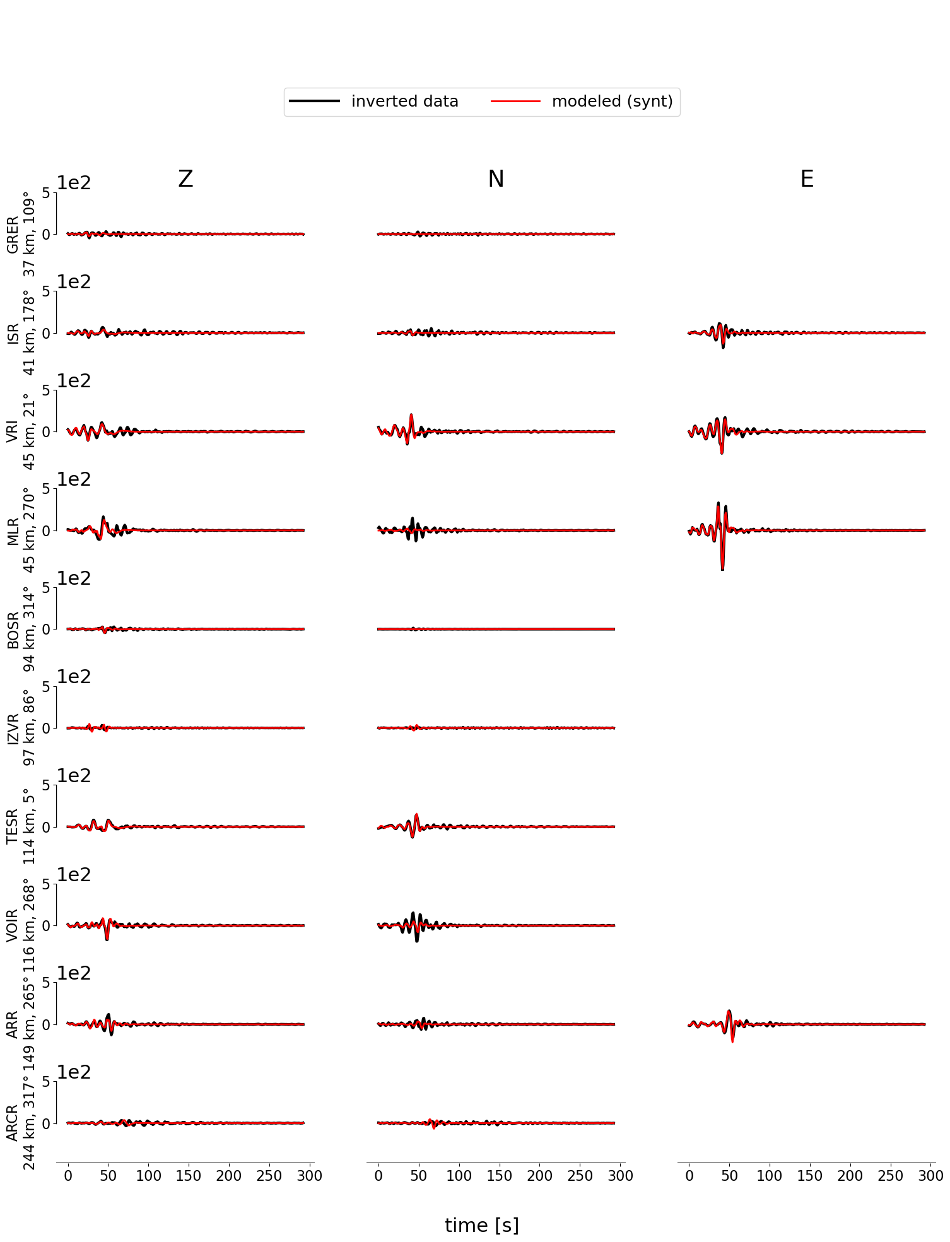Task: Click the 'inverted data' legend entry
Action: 404,102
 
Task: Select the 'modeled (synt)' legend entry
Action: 612,102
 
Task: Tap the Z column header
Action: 185,180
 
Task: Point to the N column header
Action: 496,180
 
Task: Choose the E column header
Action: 807,180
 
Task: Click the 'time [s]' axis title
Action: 482,1225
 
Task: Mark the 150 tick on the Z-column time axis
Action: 189,1176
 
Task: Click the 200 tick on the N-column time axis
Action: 539,1176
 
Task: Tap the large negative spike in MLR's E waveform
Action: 722,568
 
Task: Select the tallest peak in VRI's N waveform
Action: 411,416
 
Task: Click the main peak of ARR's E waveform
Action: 729,1012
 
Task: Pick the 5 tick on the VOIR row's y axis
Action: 45,884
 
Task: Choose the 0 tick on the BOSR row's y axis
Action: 45,630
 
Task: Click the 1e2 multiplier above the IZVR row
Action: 74,677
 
